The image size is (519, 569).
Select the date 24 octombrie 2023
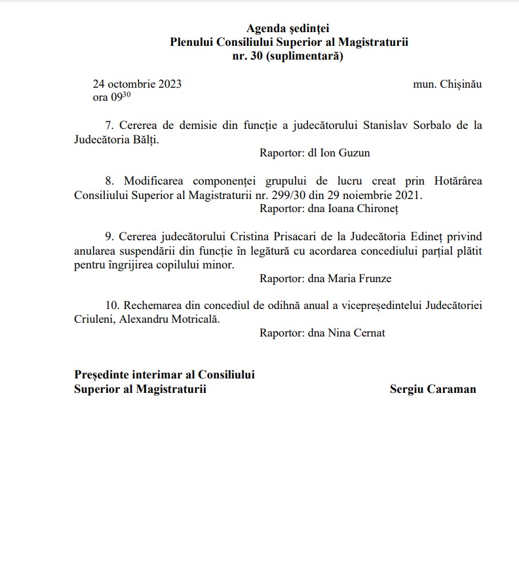(137, 84)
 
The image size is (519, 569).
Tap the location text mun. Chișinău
(448, 84)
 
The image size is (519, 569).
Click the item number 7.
(109, 125)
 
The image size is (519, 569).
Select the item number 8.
(109, 181)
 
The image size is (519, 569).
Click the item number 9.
(109, 236)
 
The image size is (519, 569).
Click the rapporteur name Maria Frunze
(364, 278)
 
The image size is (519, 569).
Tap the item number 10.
(112, 306)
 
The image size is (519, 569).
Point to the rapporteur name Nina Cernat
(361, 333)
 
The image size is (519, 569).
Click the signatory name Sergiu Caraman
(432, 389)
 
